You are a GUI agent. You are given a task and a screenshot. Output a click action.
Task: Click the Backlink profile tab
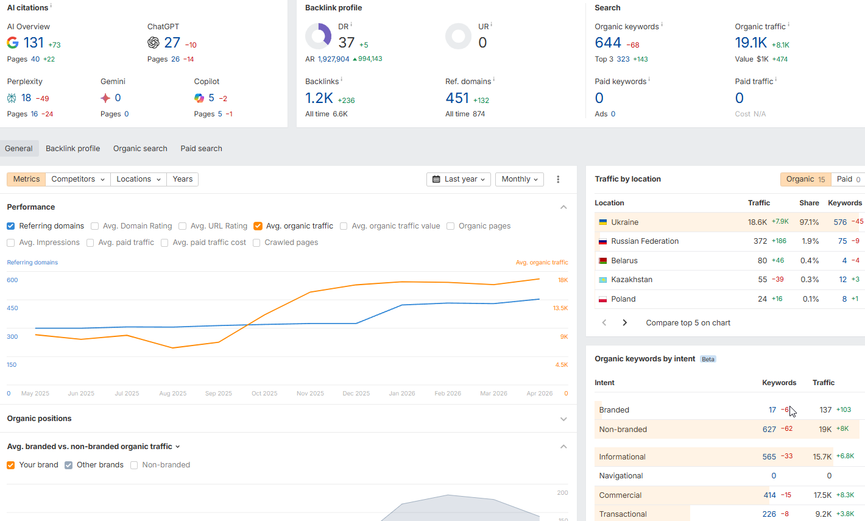[72, 149]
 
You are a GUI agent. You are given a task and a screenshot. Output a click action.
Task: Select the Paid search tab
[201, 149]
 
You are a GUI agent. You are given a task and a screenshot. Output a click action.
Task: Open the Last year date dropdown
[459, 179]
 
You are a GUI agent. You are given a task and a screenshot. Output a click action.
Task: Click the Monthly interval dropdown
[519, 179]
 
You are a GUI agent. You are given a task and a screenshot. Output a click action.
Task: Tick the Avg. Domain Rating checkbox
[95, 226]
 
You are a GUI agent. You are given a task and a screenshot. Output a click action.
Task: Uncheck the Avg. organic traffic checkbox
[258, 226]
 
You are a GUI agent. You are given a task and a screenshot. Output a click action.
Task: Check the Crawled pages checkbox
[256, 243]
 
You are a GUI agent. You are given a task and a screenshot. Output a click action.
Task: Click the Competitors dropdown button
[78, 179]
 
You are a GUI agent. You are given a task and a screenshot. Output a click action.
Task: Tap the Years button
[182, 179]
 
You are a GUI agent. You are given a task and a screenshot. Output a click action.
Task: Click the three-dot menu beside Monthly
[558, 179]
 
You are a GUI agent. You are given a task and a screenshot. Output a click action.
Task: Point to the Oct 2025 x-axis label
[264, 394]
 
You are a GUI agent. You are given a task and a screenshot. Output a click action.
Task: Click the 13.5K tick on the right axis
[560, 308]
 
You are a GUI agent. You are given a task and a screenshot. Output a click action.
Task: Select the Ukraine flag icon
[603, 222]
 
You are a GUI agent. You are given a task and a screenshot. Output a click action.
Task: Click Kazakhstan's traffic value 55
[762, 280]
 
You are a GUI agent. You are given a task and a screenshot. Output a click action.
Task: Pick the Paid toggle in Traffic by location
[848, 179]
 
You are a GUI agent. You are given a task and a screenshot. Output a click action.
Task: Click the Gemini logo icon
[105, 98]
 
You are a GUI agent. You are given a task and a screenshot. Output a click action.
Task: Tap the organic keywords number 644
[608, 43]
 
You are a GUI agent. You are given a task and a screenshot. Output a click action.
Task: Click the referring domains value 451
[457, 98]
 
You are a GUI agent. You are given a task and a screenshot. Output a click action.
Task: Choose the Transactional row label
[623, 514]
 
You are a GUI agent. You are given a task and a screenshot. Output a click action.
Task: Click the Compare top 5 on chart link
[688, 323]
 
